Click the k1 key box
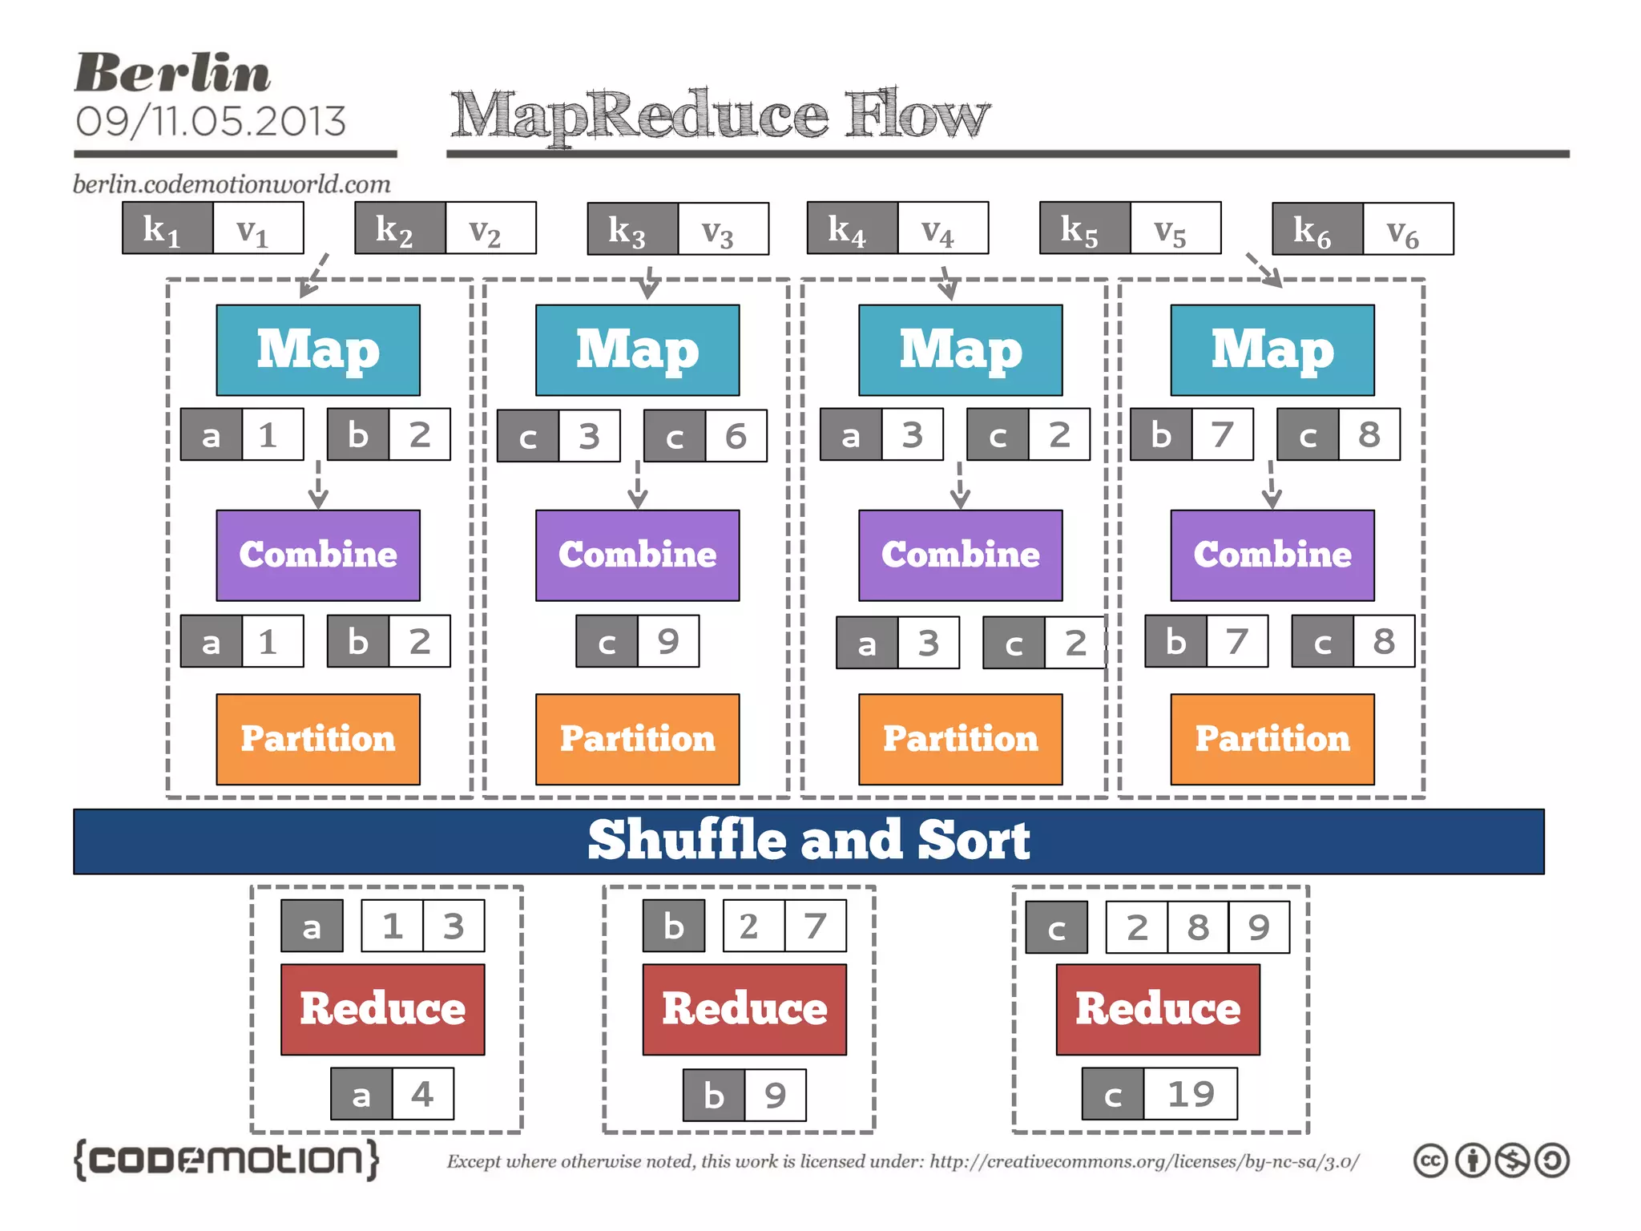(x=167, y=228)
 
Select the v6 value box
(x=1407, y=229)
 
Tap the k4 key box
(x=852, y=228)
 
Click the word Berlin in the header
(x=172, y=73)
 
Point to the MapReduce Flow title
(x=719, y=115)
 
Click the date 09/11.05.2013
(x=211, y=122)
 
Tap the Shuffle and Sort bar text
(x=808, y=841)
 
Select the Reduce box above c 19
(x=1157, y=1009)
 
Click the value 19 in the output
(x=1190, y=1094)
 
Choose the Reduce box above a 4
(x=382, y=1009)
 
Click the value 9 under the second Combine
(x=668, y=641)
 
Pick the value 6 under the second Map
(x=736, y=436)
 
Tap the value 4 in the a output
(x=422, y=1094)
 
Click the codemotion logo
(x=226, y=1160)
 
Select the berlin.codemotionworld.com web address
(x=232, y=184)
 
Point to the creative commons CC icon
(x=1430, y=1160)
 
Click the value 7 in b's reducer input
(x=815, y=926)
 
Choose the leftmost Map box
(x=317, y=350)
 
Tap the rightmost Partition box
(x=1272, y=739)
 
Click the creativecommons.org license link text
(x=1143, y=1161)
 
